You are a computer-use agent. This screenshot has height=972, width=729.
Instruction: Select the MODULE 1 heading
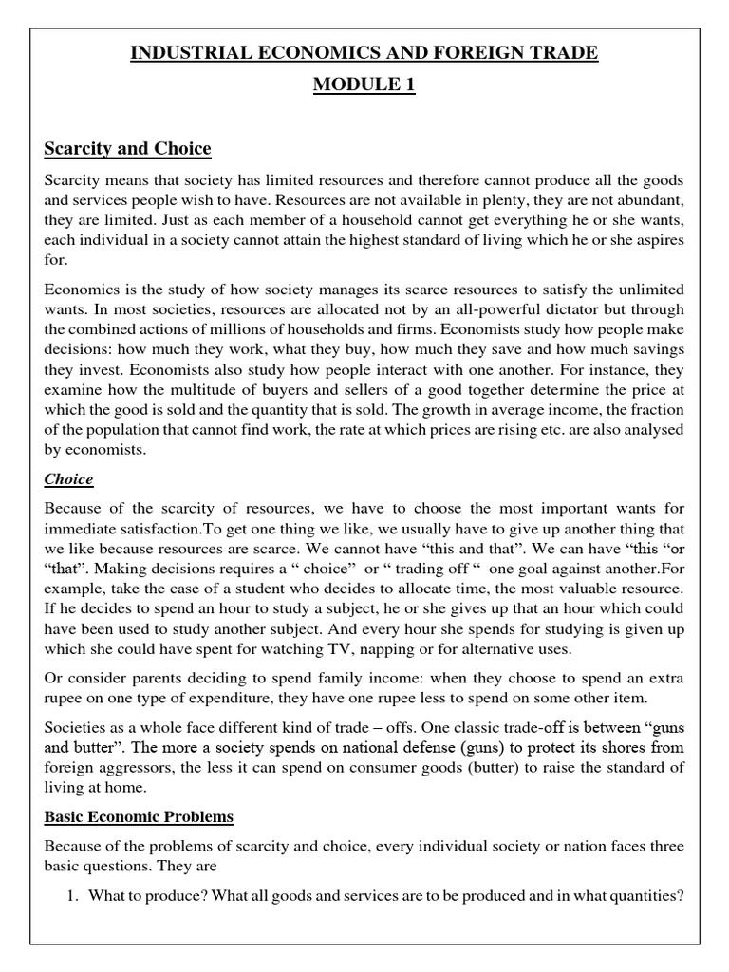[364, 86]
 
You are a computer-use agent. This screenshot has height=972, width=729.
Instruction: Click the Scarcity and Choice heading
[127, 149]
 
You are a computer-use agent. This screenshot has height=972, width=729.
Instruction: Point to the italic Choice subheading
[68, 479]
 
